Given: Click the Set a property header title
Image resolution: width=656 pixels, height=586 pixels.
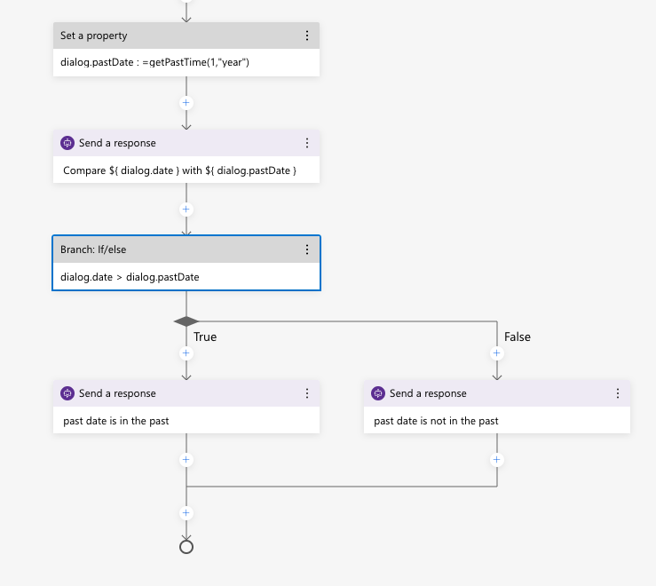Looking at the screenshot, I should coord(93,36).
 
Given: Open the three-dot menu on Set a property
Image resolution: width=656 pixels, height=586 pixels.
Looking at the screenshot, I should coord(307,36).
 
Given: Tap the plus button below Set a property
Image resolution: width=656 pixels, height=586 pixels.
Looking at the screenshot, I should coord(186,102).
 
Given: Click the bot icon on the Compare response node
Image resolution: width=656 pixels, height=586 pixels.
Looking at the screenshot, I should coord(67,143).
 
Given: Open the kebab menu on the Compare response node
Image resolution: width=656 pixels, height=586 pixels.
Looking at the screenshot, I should coord(307,143).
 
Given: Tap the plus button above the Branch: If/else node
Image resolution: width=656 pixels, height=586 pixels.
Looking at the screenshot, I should coord(186,210).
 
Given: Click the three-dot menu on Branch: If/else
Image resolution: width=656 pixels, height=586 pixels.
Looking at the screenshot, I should coord(307,249).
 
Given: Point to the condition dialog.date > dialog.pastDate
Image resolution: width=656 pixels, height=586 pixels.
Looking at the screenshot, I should coord(130,276).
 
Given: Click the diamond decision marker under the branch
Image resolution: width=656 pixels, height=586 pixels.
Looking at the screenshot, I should coord(186,321).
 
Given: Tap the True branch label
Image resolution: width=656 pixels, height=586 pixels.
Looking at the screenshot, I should coord(205,337).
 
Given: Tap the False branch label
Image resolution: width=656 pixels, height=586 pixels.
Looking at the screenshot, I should coord(518,337).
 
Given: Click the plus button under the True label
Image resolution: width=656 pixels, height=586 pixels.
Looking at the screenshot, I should coord(186,352).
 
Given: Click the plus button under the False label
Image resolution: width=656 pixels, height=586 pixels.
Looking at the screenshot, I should coord(497,352).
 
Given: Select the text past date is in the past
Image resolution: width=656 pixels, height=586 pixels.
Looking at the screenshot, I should coord(116,420).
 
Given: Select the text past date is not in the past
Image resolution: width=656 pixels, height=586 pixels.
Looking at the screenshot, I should coord(436,420).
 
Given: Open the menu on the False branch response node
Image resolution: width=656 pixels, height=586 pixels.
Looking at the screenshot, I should coord(618,393).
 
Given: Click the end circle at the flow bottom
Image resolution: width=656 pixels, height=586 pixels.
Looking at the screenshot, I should coord(186,546).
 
